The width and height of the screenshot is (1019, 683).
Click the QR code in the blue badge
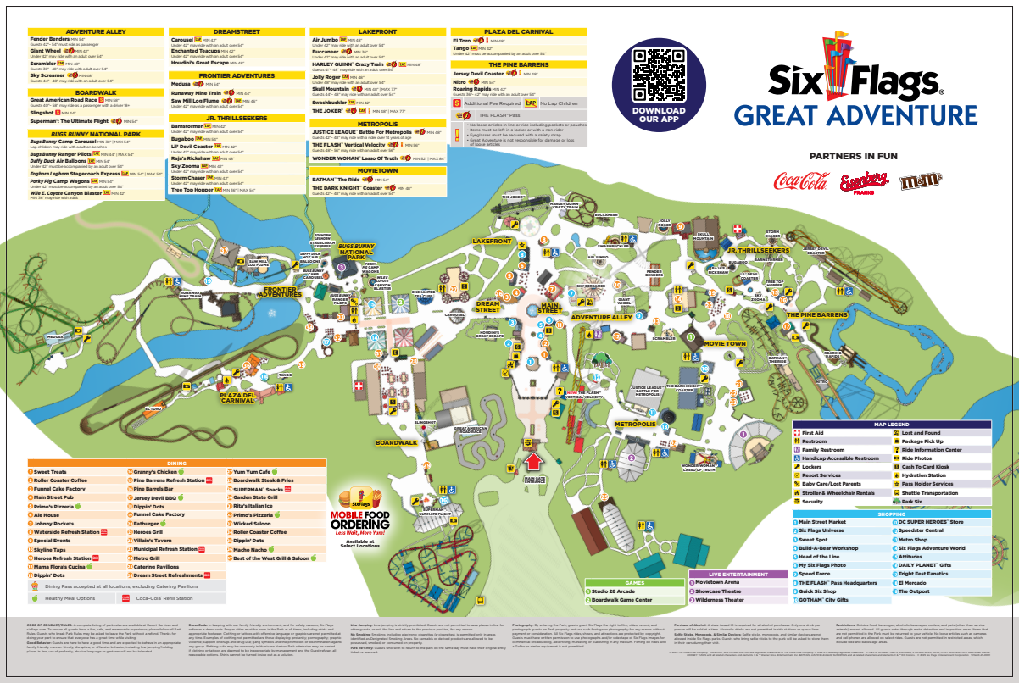coord(659,73)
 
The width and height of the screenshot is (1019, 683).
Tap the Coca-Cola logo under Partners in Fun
coord(800,180)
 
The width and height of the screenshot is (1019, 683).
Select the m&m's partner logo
coord(919,180)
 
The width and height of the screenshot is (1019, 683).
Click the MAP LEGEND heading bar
coord(891,424)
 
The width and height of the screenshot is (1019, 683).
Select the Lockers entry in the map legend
coord(811,467)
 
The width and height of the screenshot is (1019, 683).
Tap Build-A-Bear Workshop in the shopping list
coord(828,548)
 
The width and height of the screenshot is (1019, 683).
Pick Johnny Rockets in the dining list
coord(53,523)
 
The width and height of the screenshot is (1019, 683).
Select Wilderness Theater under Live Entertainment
coord(720,600)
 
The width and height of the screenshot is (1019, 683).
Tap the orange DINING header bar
coord(175,463)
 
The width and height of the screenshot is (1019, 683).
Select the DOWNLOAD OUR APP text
coord(659,115)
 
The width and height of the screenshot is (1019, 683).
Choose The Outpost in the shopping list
coord(914,591)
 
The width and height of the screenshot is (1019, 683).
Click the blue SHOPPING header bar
coord(891,514)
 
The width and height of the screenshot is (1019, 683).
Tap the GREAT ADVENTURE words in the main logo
coord(855,114)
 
